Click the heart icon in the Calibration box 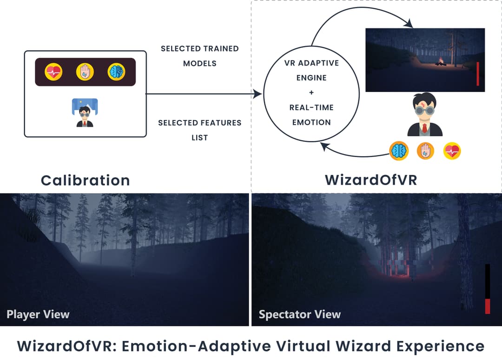point(53,72)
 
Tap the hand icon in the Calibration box point(85,72)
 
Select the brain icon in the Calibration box point(116,72)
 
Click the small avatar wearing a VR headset point(85,113)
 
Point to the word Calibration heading point(85,180)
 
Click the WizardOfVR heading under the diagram point(370,180)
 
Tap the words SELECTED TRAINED point(199,48)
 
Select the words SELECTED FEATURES point(199,123)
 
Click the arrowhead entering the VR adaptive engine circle point(257,94)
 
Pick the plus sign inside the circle point(311,93)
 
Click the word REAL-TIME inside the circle point(311,107)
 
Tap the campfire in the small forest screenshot point(440,62)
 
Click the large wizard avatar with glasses point(424,114)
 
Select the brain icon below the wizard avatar point(399,151)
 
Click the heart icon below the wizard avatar point(451,151)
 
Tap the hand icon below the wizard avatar point(425,151)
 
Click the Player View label point(38,314)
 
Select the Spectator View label point(300,314)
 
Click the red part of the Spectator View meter point(488,307)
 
